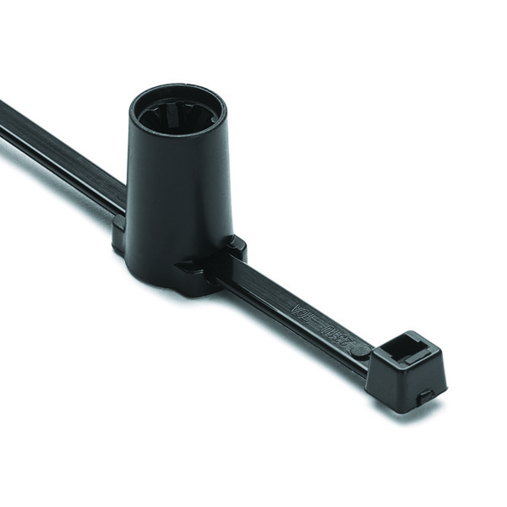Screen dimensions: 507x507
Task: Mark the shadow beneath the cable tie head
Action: [414, 414]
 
